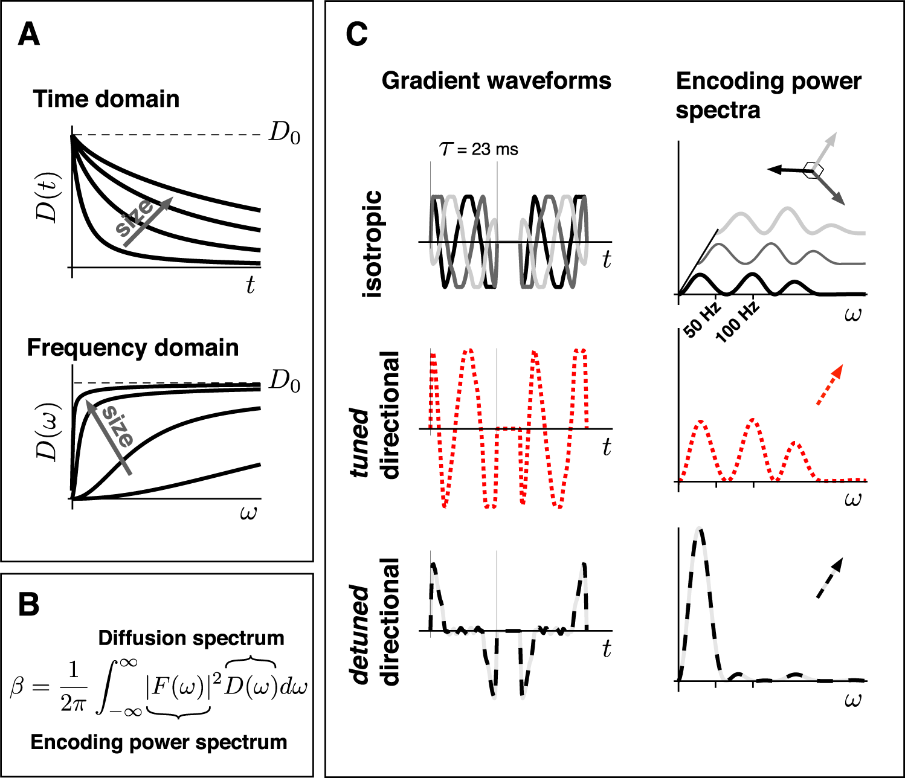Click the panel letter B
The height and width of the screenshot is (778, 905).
[x=29, y=605]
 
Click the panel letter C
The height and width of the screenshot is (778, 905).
[x=356, y=34]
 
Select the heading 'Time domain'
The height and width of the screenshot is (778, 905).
[x=106, y=99]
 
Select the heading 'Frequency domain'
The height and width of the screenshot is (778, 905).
[x=133, y=348]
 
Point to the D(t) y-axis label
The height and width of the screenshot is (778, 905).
[x=48, y=197]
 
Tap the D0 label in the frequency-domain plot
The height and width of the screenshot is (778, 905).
[x=284, y=381]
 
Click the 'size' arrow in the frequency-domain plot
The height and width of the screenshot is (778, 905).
[x=108, y=436]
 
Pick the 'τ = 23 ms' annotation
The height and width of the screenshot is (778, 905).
[x=478, y=149]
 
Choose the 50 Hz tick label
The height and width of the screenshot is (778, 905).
[x=703, y=320]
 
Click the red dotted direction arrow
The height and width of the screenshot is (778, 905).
[x=829, y=385]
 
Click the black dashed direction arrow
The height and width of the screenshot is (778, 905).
[x=829, y=578]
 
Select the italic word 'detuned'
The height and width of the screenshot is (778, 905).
[x=360, y=634]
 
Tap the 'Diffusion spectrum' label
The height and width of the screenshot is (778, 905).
[x=191, y=638]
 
